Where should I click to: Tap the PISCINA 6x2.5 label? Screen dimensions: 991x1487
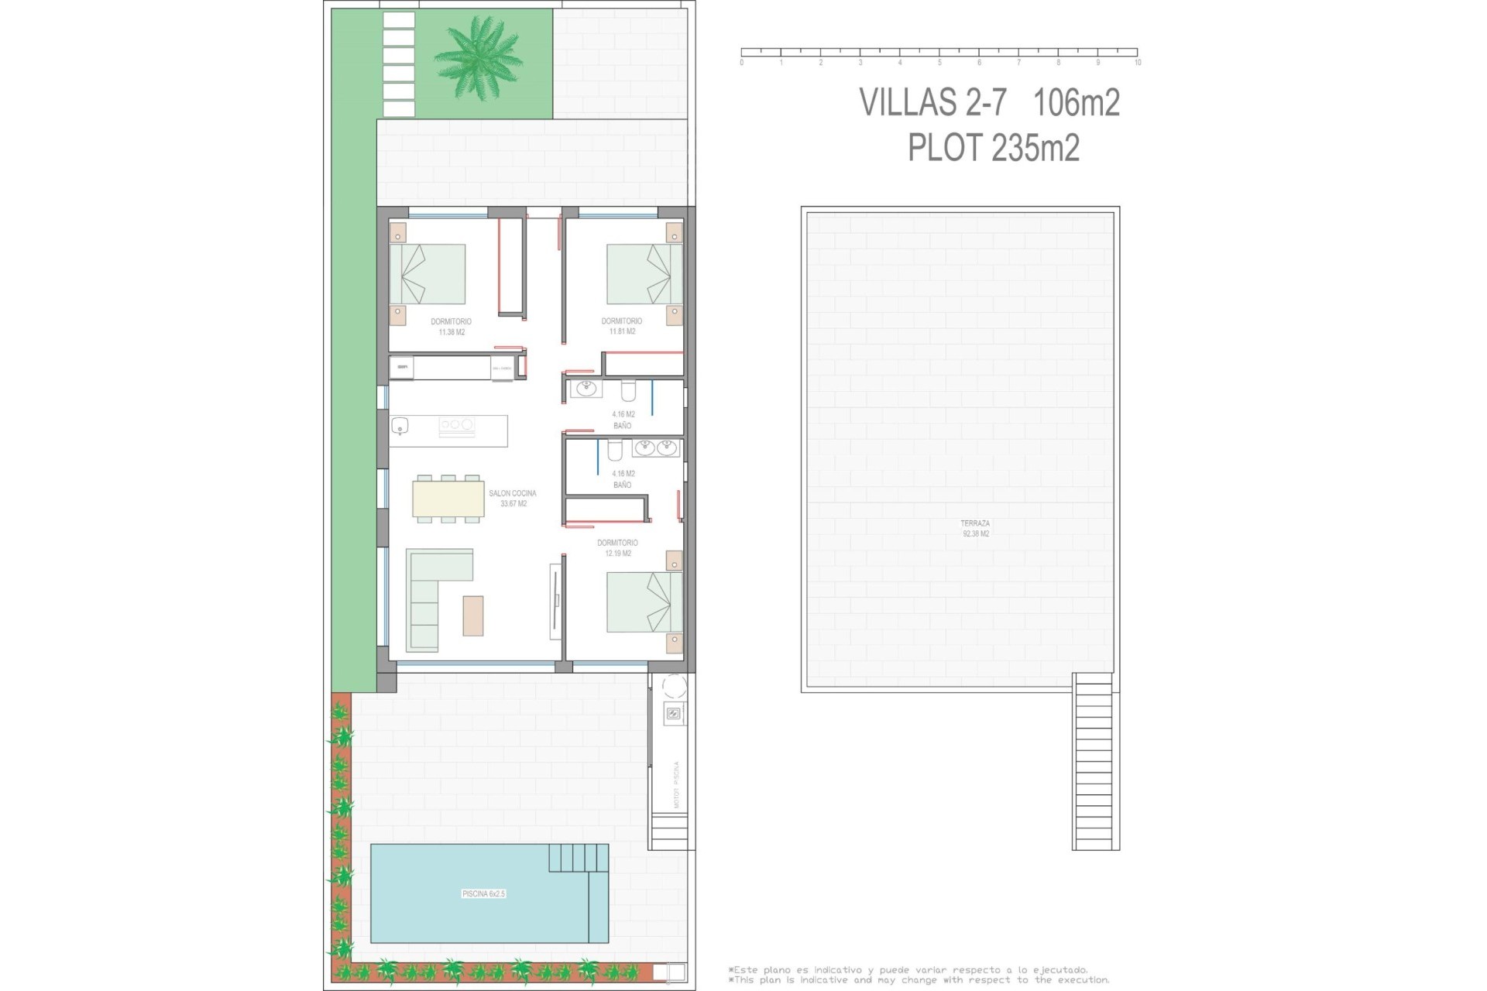click(x=483, y=893)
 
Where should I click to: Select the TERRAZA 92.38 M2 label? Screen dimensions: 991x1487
click(x=975, y=528)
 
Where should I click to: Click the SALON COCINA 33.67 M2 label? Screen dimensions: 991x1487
click(x=513, y=498)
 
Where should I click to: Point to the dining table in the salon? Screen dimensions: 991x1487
click(x=448, y=499)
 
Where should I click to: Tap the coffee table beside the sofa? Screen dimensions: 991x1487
click(x=472, y=616)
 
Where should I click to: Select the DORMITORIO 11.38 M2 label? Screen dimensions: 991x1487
click(x=451, y=327)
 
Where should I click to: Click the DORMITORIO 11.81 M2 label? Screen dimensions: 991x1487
click(x=622, y=326)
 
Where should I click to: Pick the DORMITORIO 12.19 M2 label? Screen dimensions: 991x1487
click(x=617, y=548)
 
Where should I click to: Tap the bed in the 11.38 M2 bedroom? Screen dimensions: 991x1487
click(x=428, y=274)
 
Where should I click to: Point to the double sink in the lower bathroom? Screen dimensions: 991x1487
click(x=655, y=447)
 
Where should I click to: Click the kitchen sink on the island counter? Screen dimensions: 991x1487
click(x=400, y=425)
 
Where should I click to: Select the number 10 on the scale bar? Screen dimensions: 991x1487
click(x=1137, y=63)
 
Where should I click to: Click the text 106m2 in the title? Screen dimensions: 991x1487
click(x=1077, y=102)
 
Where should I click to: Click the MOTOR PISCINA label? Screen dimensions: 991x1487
click(x=676, y=784)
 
